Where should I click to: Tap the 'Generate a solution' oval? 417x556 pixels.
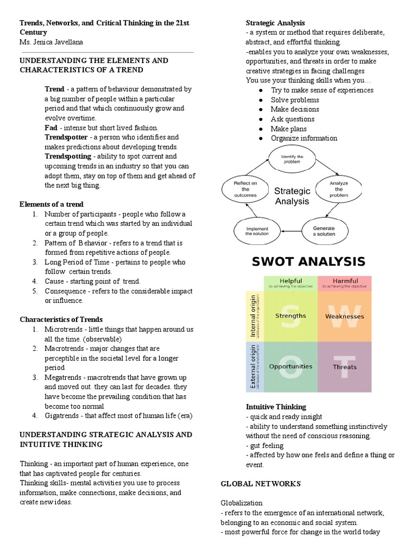click(x=324, y=231)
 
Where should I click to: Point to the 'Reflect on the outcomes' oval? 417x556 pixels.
click(x=242, y=189)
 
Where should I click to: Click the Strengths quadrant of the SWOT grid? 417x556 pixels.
click(x=290, y=316)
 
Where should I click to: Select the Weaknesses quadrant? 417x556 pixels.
click(x=344, y=316)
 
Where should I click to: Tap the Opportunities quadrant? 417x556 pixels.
click(x=290, y=367)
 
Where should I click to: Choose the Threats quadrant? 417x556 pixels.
click(x=344, y=367)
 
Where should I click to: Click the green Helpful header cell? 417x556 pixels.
click(x=290, y=283)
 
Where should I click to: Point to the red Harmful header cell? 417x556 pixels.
click(x=344, y=283)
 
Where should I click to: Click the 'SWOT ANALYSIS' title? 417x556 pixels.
click(x=308, y=262)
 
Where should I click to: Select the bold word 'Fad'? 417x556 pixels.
click(x=50, y=128)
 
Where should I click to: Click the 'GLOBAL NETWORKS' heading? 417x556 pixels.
click(x=261, y=483)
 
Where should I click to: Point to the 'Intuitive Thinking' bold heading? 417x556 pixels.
click(x=276, y=407)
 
